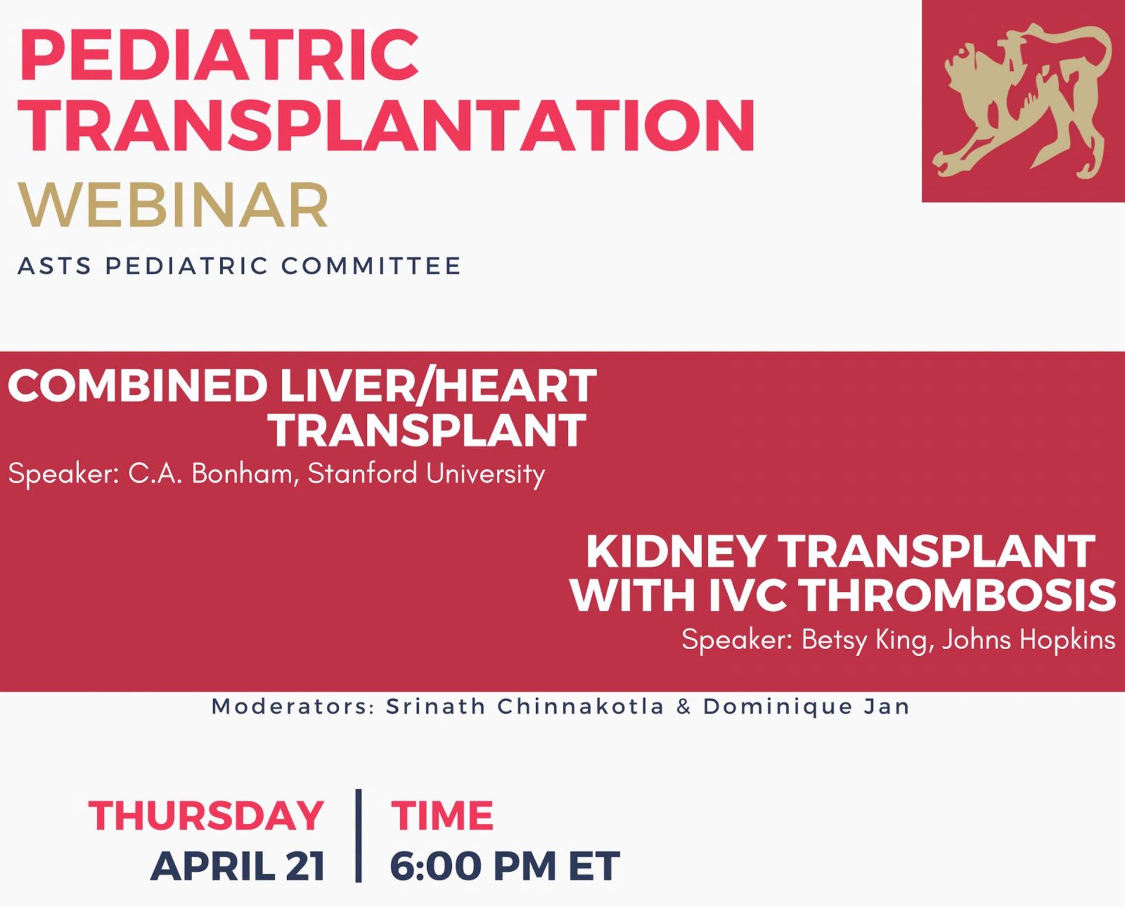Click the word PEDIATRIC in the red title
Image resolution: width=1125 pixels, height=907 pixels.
[x=219, y=54]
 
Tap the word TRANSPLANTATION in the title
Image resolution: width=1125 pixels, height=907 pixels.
[x=386, y=125]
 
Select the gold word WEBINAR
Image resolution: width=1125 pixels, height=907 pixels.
[x=173, y=205]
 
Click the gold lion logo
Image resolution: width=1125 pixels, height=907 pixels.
[x=1023, y=101]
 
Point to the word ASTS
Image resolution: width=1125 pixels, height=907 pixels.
[x=54, y=266]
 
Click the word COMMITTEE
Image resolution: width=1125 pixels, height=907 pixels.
[x=371, y=266]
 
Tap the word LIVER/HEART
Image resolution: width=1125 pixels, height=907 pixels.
[x=438, y=386]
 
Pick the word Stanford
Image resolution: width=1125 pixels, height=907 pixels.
[x=363, y=473]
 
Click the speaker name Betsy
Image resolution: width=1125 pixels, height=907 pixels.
[x=834, y=640]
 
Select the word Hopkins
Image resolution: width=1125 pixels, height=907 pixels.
[x=1067, y=640]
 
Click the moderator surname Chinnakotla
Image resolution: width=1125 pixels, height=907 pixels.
[x=580, y=707]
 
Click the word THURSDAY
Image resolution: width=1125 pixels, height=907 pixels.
[x=206, y=815]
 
